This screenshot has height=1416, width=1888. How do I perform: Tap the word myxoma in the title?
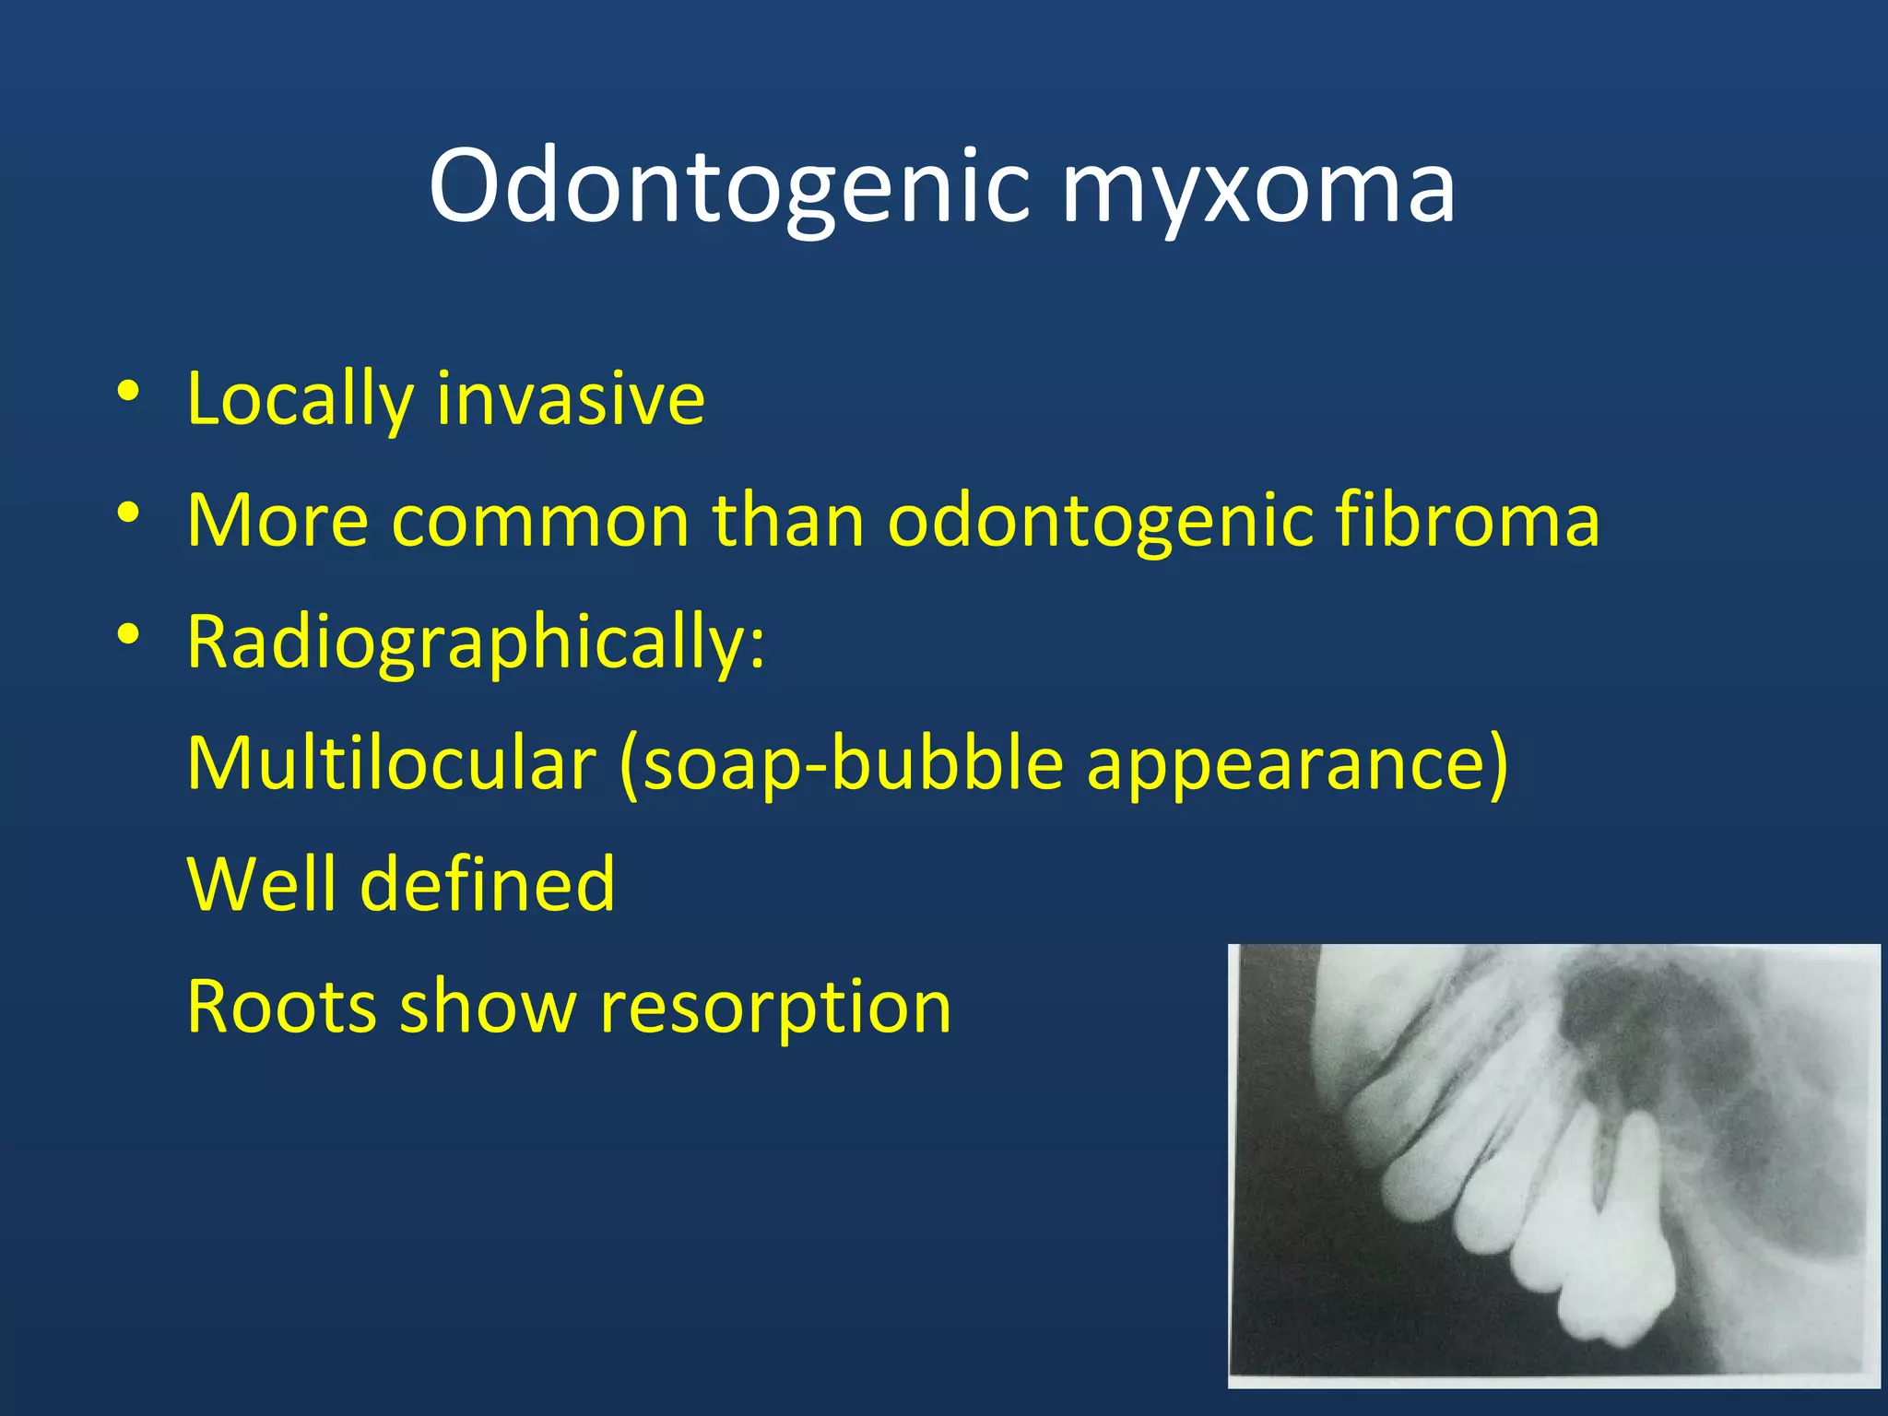pyautogui.click(x=1257, y=188)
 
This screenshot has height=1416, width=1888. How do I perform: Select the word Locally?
pyautogui.click(x=299, y=399)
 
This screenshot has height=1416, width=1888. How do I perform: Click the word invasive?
pyautogui.click(x=571, y=399)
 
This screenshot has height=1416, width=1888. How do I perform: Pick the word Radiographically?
pyautogui.click(x=475, y=643)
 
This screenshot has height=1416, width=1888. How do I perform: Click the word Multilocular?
pyautogui.click(x=391, y=763)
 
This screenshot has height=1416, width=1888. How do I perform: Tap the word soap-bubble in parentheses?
pyautogui.click(x=842, y=763)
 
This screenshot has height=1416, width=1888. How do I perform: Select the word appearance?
pyautogui.click(x=1287, y=763)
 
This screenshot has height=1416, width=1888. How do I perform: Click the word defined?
pyautogui.click(x=487, y=884)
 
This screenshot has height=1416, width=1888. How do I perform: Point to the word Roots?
pyautogui.click(x=281, y=1006)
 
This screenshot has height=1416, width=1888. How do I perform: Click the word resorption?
pyautogui.click(x=775, y=1008)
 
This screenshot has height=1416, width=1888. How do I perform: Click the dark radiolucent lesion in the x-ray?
pyautogui.click(x=1632, y=1023)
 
